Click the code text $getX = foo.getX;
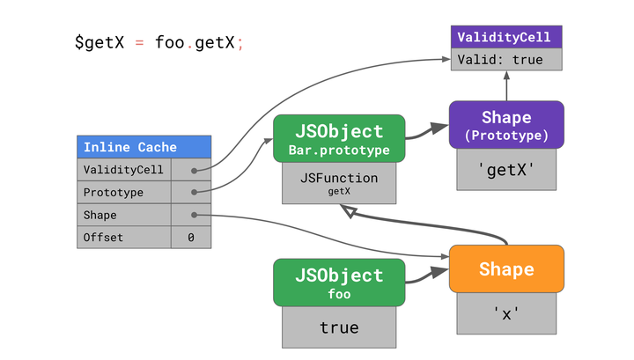pyautogui.click(x=158, y=42)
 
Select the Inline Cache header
pyautogui.click(x=144, y=147)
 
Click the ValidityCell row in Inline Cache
pyautogui.click(x=123, y=170)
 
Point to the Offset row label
pyautogui.click(x=103, y=238)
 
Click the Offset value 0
pyautogui.click(x=191, y=238)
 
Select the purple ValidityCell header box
pyautogui.click(x=505, y=38)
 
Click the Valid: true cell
pyautogui.click(x=505, y=60)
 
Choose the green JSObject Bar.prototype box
pyautogui.click(x=338, y=139)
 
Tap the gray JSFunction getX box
pyautogui.click(x=339, y=183)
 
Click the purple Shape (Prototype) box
pyautogui.click(x=505, y=125)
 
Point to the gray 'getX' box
pyautogui.click(x=505, y=169)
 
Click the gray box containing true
pyautogui.click(x=339, y=327)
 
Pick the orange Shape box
pyautogui.click(x=505, y=269)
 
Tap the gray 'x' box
pyautogui.click(x=505, y=313)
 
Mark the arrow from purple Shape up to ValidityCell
pyautogui.click(x=506, y=86)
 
